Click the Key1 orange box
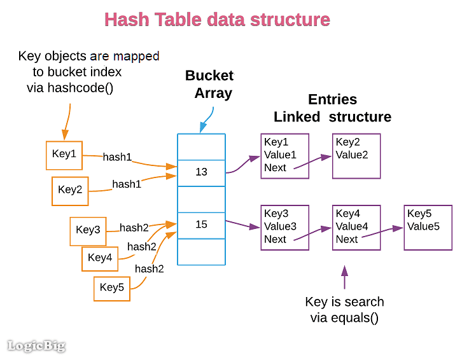click(64, 155)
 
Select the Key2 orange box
click(70, 190)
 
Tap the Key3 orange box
click(88, 230)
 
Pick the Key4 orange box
click(100, 258)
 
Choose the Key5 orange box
click(112, 287)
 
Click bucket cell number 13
click(201, 172)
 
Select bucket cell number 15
click(201, 225)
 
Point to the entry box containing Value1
click(284, 155)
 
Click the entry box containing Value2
click(356, 155)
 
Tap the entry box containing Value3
click(284, 227)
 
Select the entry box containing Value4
click(356, 227)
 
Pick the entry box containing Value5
click(428, 227)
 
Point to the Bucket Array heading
click(209, 84)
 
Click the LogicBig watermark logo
click(36, 346)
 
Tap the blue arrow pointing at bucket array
click(207, 120)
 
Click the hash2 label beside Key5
click(149, 269)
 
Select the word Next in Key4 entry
click(347, 239)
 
